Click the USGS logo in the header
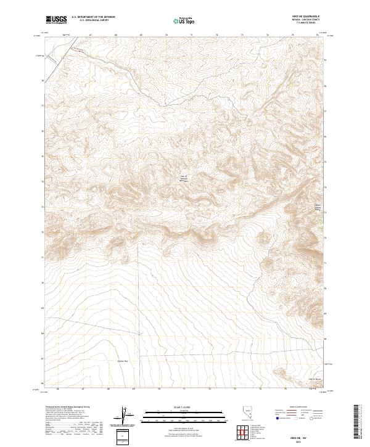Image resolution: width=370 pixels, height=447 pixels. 57,20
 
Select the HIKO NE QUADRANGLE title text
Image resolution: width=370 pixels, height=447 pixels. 311,16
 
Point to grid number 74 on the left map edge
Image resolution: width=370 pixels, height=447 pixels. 42,182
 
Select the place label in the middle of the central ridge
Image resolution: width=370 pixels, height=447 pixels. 183,178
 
